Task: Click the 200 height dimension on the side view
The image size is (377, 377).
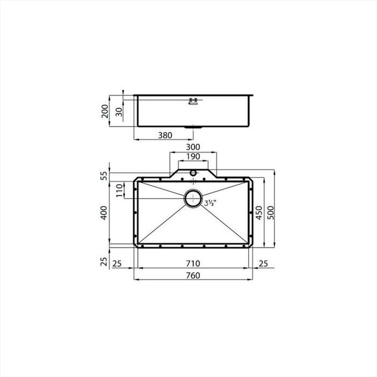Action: pos(105,111)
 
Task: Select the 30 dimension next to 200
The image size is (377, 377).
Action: pos(119,111)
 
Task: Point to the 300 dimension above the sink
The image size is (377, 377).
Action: pos(193,147)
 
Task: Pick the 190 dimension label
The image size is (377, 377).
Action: pos(193,156)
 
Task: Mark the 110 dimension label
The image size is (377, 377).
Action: pos(120,190)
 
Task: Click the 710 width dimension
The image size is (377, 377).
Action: pos(193,264)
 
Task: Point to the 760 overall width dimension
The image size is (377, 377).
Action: pos(193,276)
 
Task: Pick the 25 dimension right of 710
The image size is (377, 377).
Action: pos(264,264)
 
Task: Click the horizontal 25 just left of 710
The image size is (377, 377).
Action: pos(117,264)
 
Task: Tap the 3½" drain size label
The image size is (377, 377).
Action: pos(210,203)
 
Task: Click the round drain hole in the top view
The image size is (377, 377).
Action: pos(193,198)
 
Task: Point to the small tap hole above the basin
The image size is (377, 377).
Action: pos(193,173)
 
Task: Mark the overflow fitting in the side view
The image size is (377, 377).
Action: pos(193,100)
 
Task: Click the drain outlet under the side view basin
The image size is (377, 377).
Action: pos(193,127)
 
